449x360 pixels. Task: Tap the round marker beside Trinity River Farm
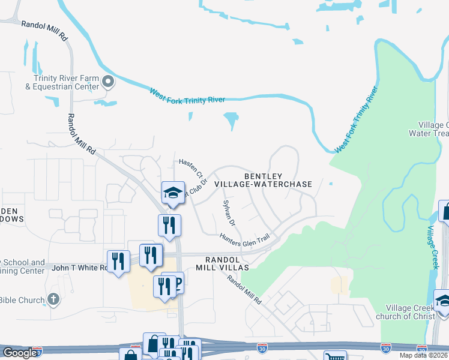[109, 81]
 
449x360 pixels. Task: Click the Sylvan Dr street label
[229, 213]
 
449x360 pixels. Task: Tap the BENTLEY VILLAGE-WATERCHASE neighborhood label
[278, 180]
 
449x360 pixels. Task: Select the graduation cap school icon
[172, 193]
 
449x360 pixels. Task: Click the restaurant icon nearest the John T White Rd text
[118, 261]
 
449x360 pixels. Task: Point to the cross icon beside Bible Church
[53, 299]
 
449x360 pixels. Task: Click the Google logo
[19, 353]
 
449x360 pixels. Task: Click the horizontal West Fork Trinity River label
[187, 96]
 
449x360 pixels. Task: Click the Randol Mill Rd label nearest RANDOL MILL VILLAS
[245, 289]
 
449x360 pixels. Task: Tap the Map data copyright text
[424, 355]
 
